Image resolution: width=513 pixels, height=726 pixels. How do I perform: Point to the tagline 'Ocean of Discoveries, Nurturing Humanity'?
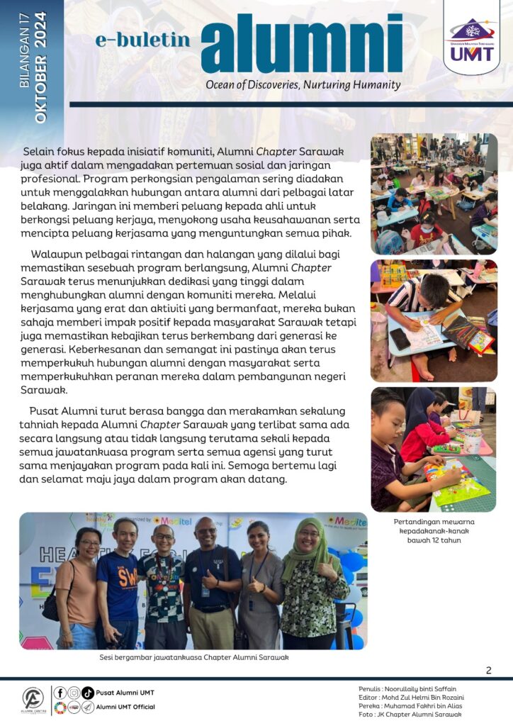click(303, 85)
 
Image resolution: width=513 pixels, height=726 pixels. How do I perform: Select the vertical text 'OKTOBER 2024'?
click(40, 67)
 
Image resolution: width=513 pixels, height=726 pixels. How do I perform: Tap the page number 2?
click(489, 671)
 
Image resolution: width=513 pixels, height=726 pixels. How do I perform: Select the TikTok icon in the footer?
click(87, 693)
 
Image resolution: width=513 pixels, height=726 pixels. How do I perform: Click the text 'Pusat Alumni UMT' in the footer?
click(125, 693)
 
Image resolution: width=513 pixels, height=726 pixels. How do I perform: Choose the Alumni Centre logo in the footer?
click(33, 700)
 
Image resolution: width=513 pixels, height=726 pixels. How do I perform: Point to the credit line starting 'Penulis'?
click(407, 688)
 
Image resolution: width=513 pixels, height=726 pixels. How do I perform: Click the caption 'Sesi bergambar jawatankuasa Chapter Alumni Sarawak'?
click(193, 657)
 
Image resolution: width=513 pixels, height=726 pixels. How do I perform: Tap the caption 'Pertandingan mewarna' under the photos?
click(434, 523)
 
